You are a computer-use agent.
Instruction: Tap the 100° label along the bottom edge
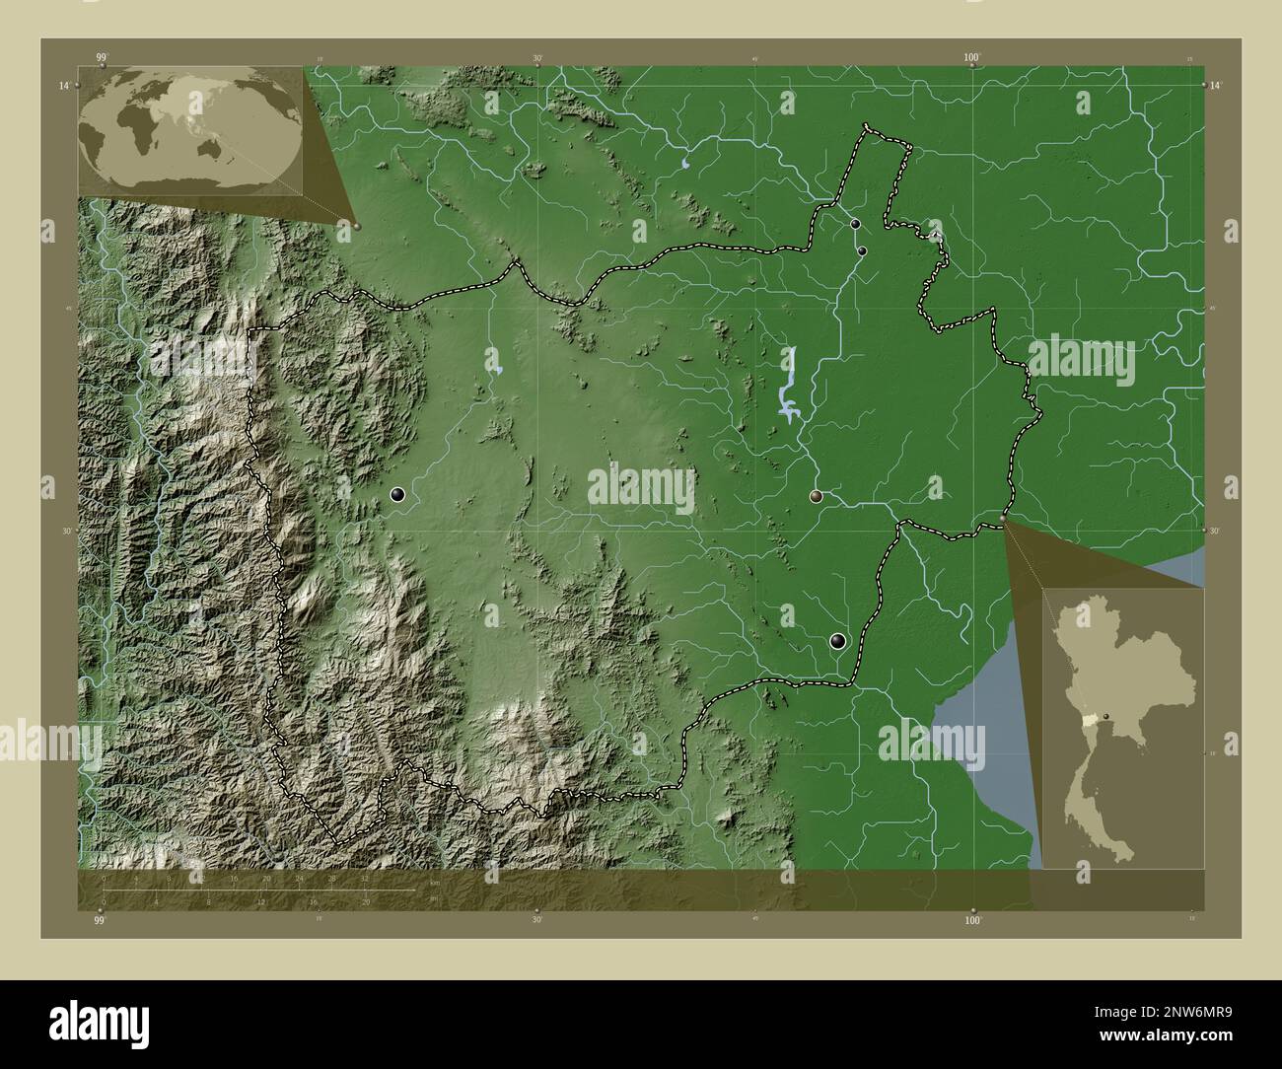pos(973,920)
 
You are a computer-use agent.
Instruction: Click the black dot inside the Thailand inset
pos(1107,717)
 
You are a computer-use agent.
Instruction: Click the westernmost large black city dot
pos(397,495)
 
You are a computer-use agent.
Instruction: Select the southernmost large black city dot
pos(838,641)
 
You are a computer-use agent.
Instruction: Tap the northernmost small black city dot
pos(855,225)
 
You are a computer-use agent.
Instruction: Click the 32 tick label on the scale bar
pos(364,878)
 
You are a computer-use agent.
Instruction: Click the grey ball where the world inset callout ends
pos(356,226)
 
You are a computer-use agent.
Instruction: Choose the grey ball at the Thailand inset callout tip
pos(1004,518)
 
